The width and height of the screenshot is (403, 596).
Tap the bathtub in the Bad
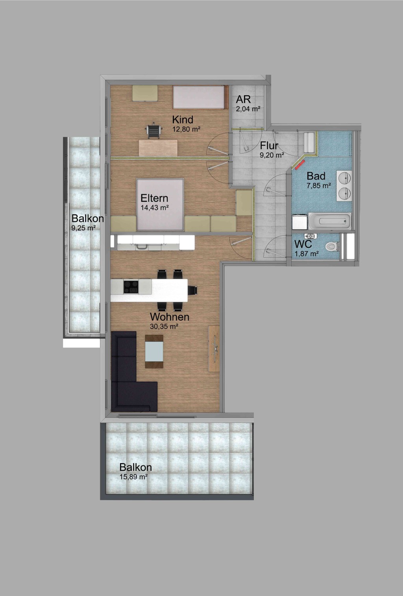tap(330, 221)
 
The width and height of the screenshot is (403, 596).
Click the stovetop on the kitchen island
tap(131, 286)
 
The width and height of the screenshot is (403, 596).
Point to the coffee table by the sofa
tap(154, 351)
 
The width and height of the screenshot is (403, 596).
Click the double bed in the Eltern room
tap(160, 204)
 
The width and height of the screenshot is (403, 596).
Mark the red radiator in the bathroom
tap(299, 164)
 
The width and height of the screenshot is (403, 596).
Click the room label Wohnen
tap(170, 317)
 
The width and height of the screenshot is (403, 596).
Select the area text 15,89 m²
tap(134, 477)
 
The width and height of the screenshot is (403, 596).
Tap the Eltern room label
tap(154, 198)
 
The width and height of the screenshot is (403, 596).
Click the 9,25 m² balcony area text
tap(83, 227)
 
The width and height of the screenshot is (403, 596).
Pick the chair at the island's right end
tap(193, 290)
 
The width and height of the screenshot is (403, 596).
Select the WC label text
tap(303, 245)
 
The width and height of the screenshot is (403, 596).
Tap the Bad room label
tap(316, 176)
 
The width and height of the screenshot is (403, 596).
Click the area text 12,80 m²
tap(186, 129)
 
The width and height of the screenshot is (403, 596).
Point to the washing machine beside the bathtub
tap(300, 222)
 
